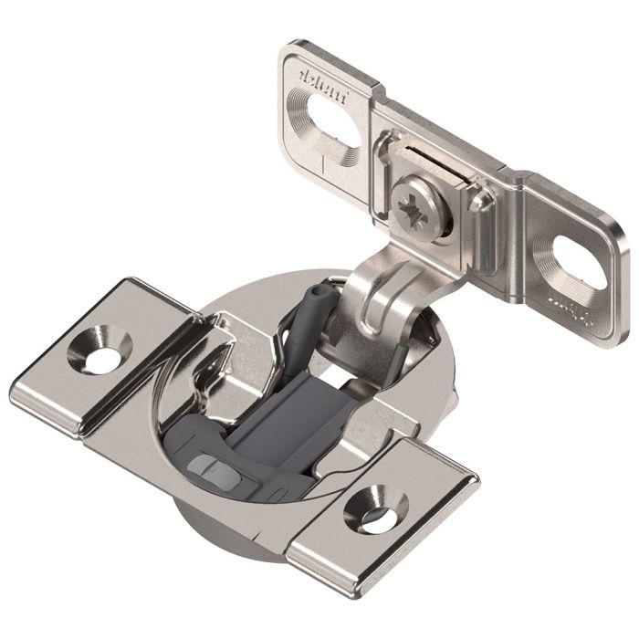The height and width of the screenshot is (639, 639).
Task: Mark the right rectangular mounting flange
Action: click(383, 511)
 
